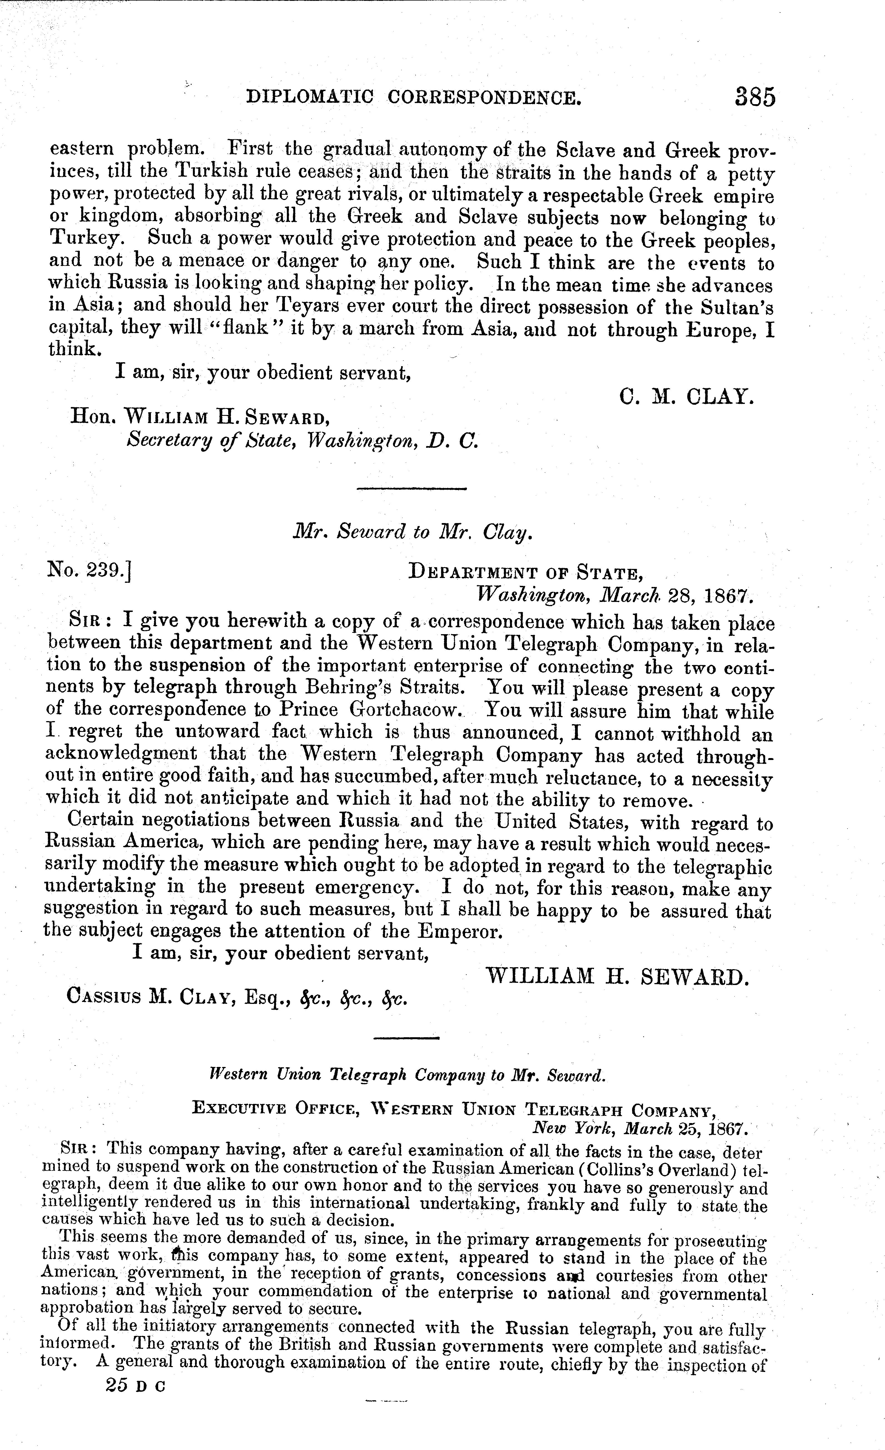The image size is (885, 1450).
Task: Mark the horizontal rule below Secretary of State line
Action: (x=412, y=488)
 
